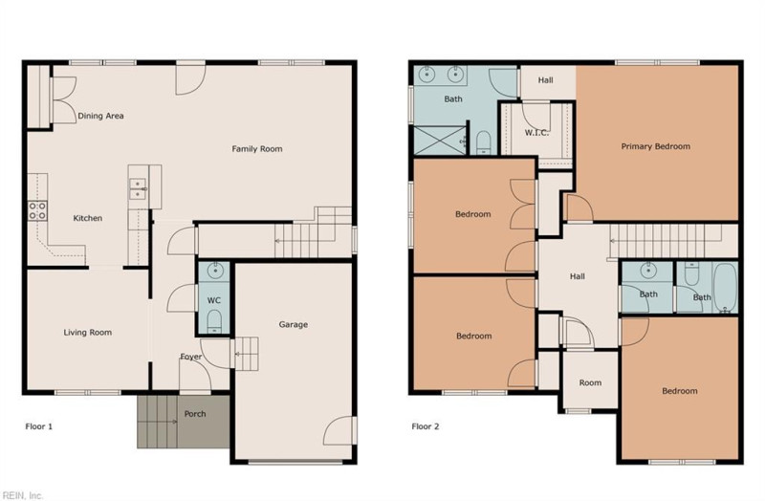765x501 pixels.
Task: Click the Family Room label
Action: pos(256,149)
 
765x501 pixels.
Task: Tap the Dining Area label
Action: pos(100,116)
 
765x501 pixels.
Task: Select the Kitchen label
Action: pos(88,218)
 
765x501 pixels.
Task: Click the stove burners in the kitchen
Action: pos(37,210)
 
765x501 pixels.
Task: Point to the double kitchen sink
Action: pos(138,188)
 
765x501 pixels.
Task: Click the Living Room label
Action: pos(88,333)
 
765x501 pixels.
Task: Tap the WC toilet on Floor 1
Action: pos(214,322)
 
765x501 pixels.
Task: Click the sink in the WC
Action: pos(214,271)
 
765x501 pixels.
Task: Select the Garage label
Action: pos(294,324)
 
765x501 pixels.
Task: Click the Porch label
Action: pos(195,414)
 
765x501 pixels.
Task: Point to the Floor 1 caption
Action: pos(39,426)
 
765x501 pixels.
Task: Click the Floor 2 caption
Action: pos(426,426)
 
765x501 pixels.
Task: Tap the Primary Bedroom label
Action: pos(656,146)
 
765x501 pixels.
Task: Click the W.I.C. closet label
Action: pos(536,133)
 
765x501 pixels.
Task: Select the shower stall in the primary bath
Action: pos(440,141)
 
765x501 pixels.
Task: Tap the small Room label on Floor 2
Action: pos(590,383)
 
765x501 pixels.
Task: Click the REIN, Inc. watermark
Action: pos(22,495)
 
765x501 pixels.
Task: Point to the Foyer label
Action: pos(190,357)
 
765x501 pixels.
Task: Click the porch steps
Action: pos(157,422)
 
